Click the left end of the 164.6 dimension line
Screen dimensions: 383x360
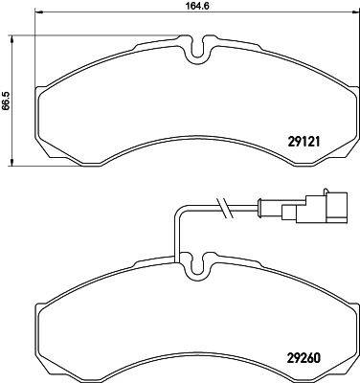(x=35, y=21)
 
